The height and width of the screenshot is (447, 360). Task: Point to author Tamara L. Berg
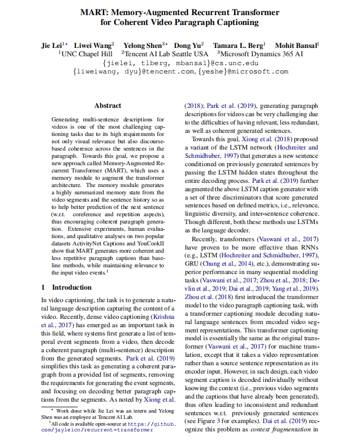coord(239,45)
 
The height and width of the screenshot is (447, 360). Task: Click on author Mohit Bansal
coord(296,45)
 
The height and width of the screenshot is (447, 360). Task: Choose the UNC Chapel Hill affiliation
coord(86,54)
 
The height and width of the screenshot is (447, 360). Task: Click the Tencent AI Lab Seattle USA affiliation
coord(166,54)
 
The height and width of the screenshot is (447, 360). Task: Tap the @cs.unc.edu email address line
coord(180,63)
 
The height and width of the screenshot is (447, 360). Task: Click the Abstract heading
coord(108,106)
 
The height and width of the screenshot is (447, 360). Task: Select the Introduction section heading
coord(71,287)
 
